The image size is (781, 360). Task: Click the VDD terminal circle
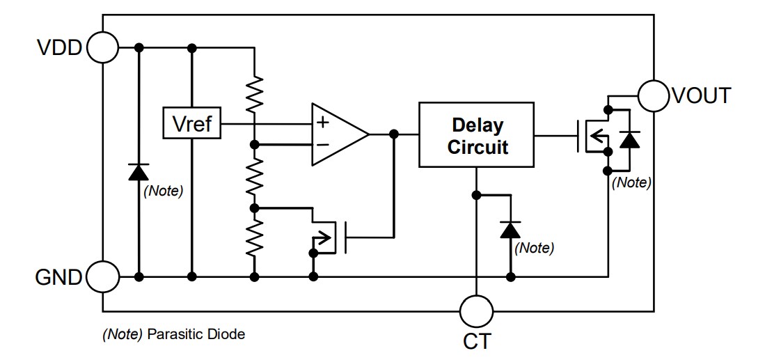[102, 47]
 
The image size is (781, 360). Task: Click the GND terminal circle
[102, 277]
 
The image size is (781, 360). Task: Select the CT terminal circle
[477, 310]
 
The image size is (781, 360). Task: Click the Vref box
[191, 125]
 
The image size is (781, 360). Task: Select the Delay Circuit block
[477, 134]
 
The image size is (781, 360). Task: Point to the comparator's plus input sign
[322, 123]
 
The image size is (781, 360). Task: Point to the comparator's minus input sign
[322, 145]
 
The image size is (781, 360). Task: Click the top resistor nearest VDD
[255, 94]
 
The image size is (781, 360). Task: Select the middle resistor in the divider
[255, 176]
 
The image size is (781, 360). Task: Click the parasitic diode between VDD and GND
[139, 171]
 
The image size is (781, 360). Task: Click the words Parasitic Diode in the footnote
[196, 334]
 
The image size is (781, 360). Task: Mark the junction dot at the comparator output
[394, 134]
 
